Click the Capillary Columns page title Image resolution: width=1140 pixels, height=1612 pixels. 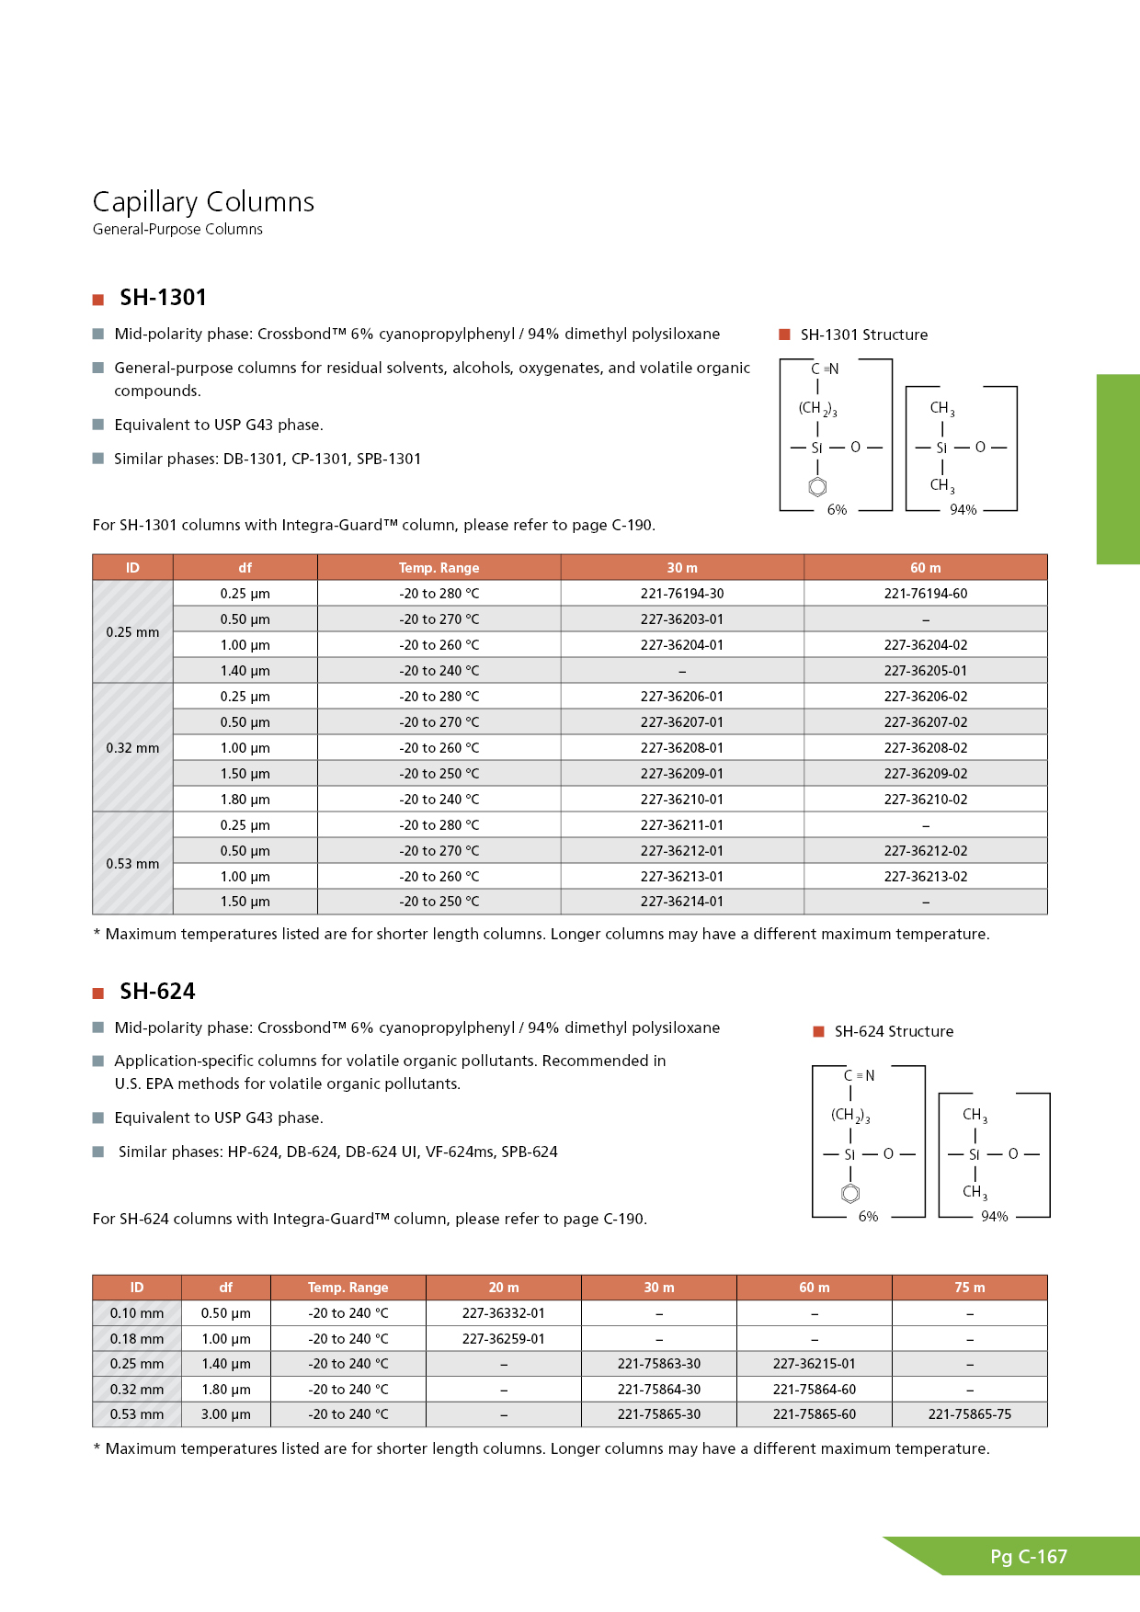click(x=203, y=202)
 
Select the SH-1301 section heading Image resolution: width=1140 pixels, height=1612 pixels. click(x=163, y=298)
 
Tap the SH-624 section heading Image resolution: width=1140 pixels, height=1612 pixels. click(x=157, y=992)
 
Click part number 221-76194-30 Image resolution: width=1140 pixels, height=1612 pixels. click(x=682, y=594)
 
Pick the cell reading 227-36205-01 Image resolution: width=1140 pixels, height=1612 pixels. click(x=925, y=671)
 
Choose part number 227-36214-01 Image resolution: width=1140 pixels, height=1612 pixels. click(x=682, y=902)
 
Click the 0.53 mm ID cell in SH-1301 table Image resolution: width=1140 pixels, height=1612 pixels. click(x=132, y=864)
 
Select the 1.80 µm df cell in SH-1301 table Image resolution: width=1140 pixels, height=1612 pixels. click(x=245, y=800)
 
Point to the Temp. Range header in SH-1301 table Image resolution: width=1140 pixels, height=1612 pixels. click(x=439, y=568)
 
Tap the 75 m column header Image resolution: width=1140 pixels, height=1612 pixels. click(x=969, y=1288)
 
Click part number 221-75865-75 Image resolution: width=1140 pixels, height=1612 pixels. click(x=969, y=1414)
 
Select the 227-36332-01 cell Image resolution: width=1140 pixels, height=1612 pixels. click(x=503, y=1313)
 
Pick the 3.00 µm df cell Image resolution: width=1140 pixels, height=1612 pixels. click(x=225, y=1414)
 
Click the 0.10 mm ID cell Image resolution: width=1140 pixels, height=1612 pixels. click(x=137, y=1313)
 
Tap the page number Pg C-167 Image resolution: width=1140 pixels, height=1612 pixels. click(x=1029, y=1557)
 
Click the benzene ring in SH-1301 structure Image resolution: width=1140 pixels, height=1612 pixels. click(x=817, y=487)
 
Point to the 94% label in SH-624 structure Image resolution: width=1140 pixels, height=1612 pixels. click(x=994, y=1217)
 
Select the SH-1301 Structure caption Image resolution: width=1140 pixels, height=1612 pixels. click(x=863, y=335)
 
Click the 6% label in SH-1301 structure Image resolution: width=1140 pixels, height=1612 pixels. click(x=837, y=510)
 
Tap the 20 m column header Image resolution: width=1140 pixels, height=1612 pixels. click(x=503, y=1288)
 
